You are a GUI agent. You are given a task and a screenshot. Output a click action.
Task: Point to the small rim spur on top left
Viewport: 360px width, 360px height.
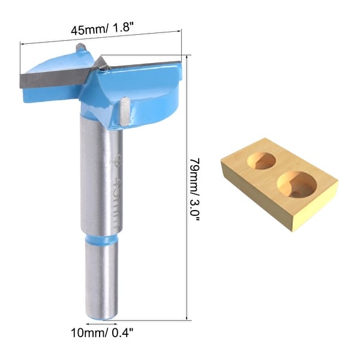[80, 47]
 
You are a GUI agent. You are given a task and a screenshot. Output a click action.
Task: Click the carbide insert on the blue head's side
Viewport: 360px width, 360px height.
[124, 112]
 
